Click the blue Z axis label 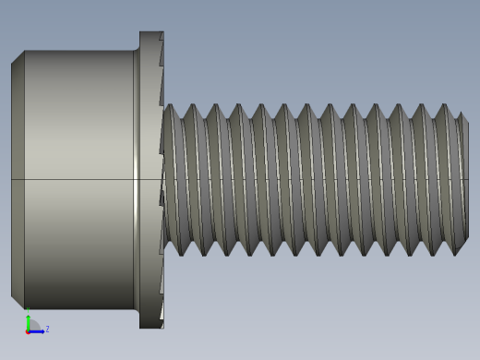click(47, 329)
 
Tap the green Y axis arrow click(28, 318)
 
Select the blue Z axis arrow click(38, 330)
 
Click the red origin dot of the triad click(28, 330)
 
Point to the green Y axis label click(27, 309)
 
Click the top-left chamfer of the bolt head click(18, 57)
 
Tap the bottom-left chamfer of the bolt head click(18, 302)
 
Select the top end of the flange click(150, 34)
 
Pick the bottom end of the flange click(150, 325)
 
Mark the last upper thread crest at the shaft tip click(459, 114)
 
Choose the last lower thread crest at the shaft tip click(456, 252)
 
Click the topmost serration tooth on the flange click(161, 38)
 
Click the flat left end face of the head click(18, 179)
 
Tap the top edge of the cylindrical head click(78, 52)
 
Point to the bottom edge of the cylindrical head click(78, 308)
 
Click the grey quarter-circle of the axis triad click(33, 325)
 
